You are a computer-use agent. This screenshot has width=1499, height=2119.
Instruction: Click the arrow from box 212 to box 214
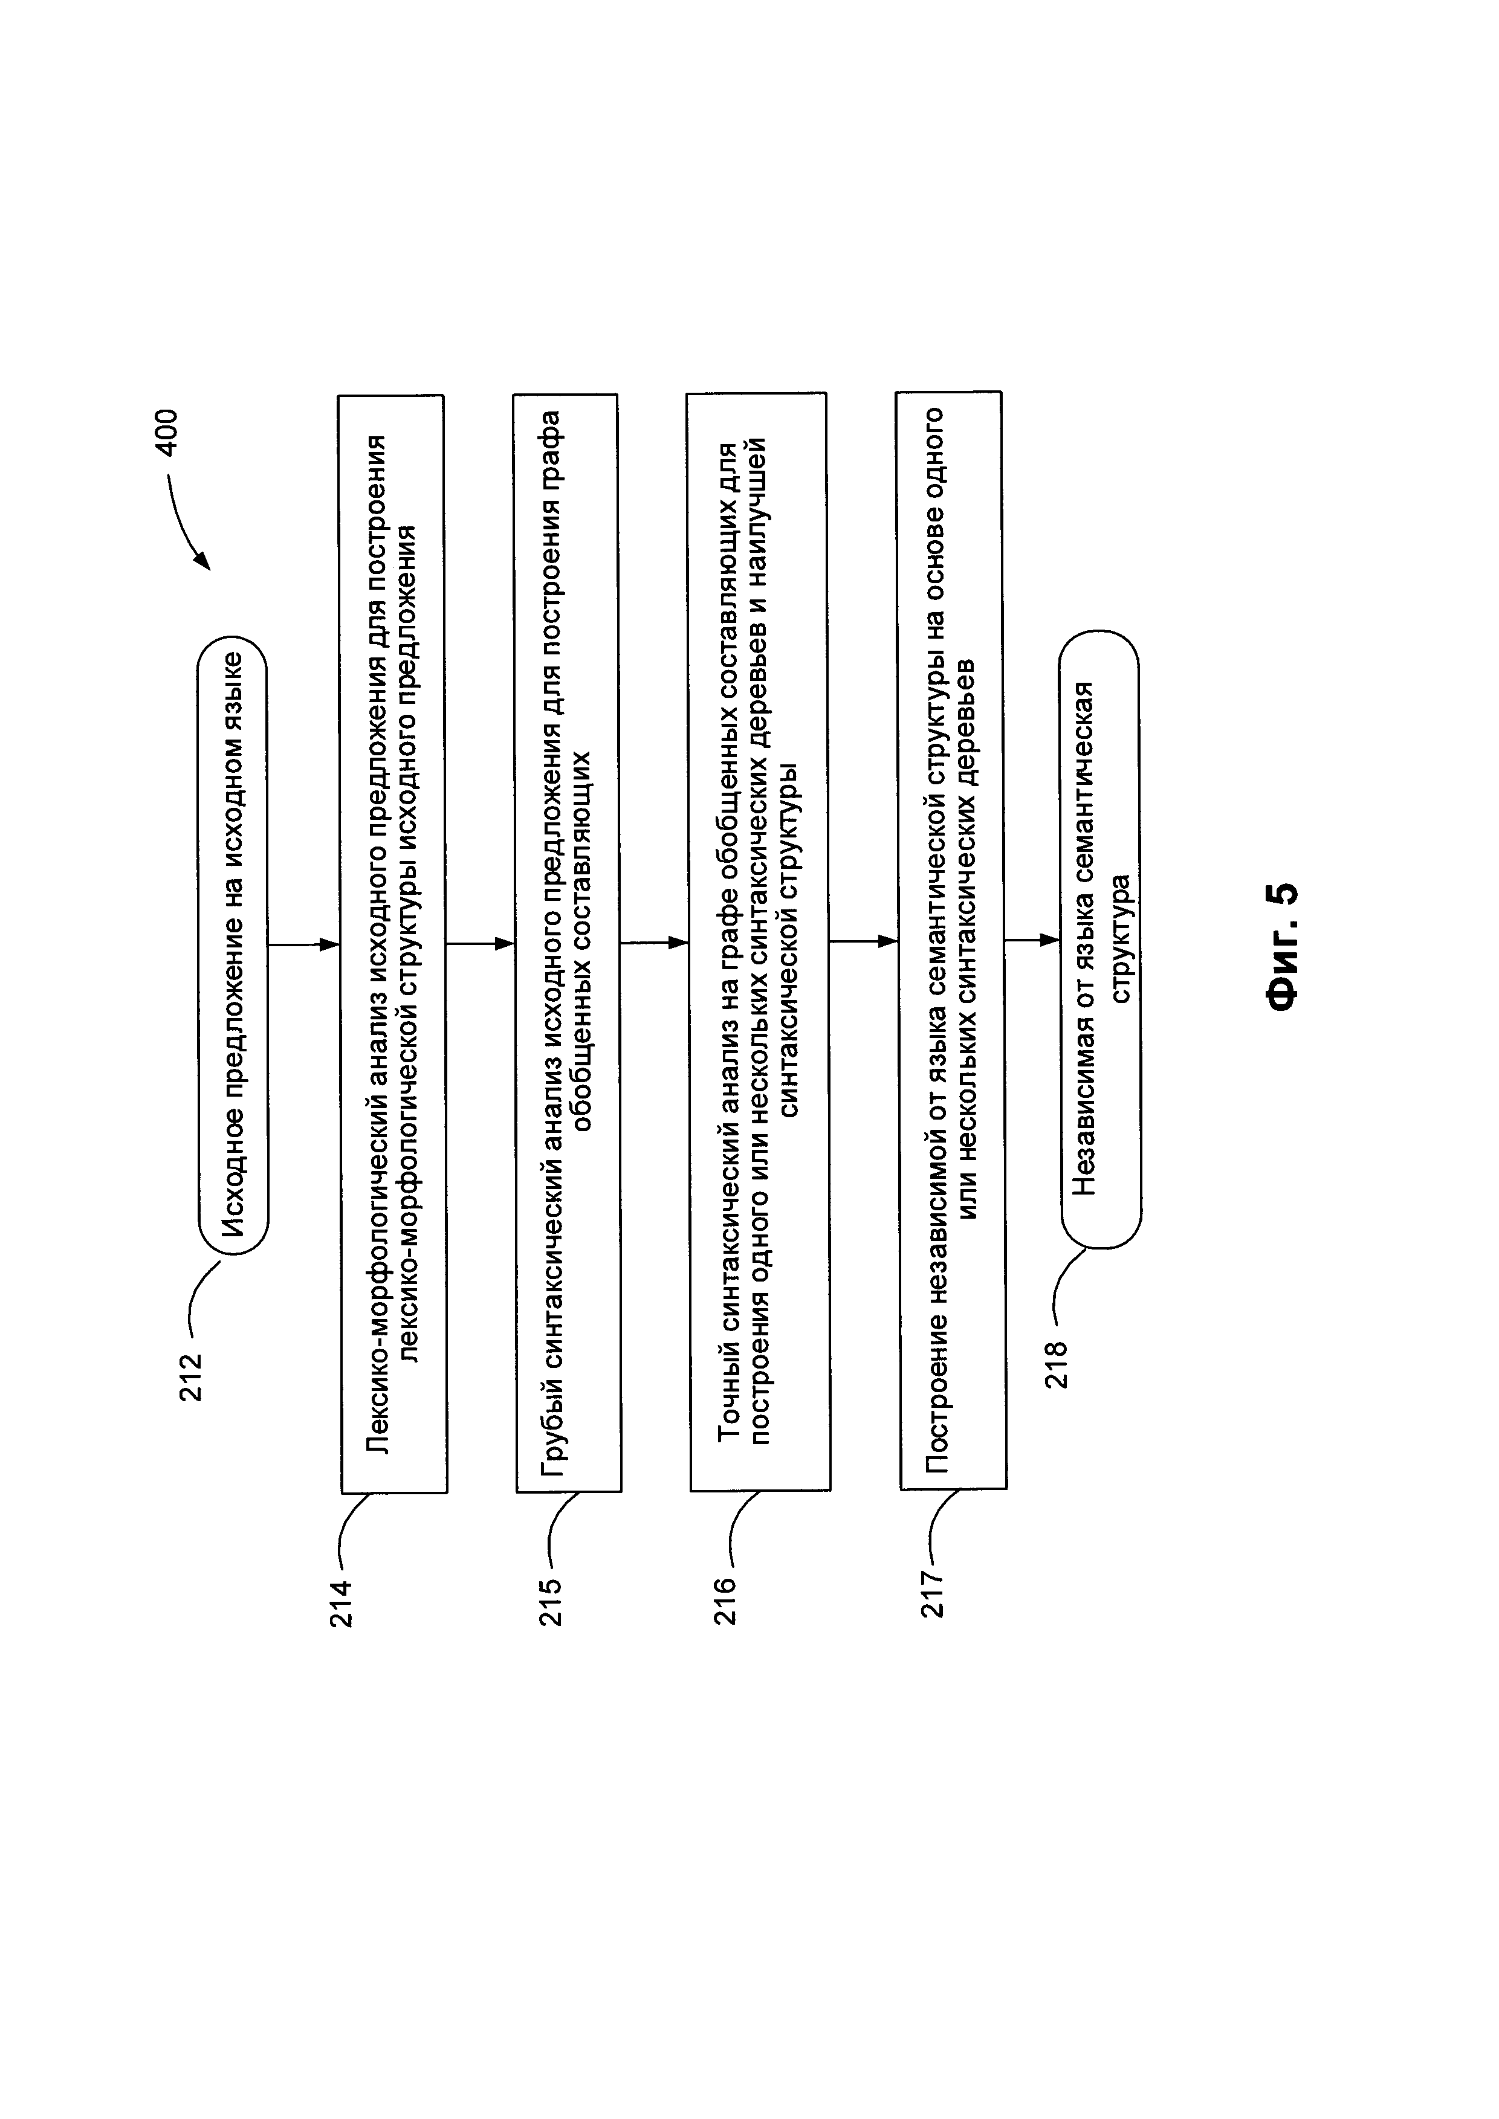tap(303, 944)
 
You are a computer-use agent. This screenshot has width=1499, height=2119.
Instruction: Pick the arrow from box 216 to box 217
tap(863, 941)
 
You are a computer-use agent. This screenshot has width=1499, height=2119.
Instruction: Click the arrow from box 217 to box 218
tap(1032, 940)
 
